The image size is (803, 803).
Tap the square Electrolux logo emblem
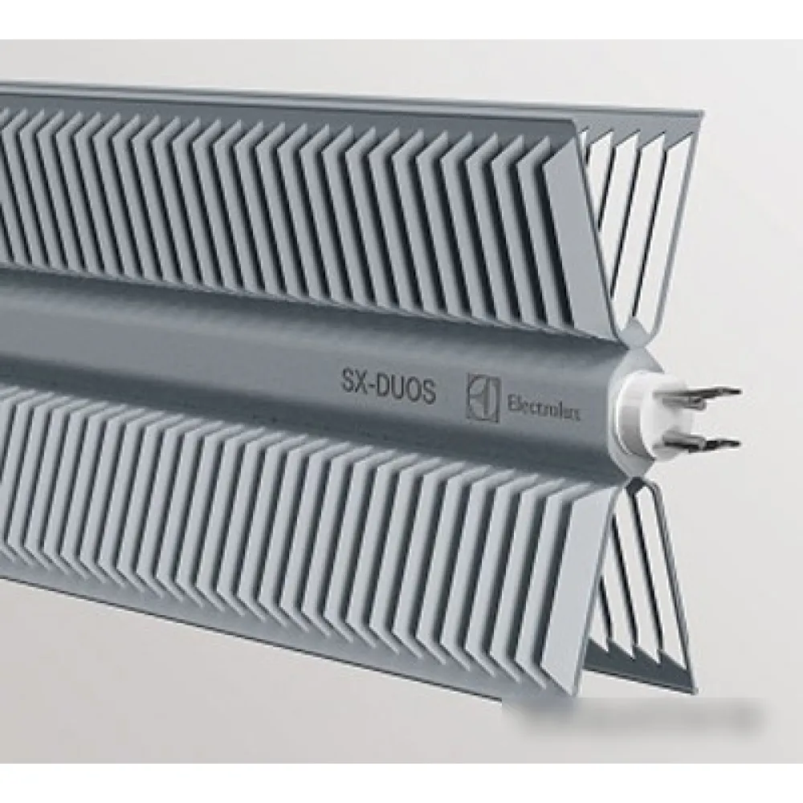coord(483,398)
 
